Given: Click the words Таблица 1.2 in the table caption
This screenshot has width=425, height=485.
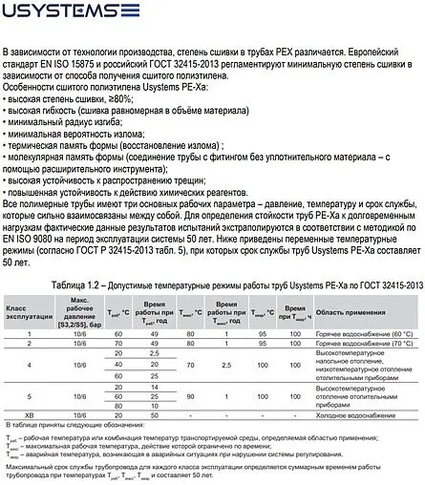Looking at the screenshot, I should click(113, 285).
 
